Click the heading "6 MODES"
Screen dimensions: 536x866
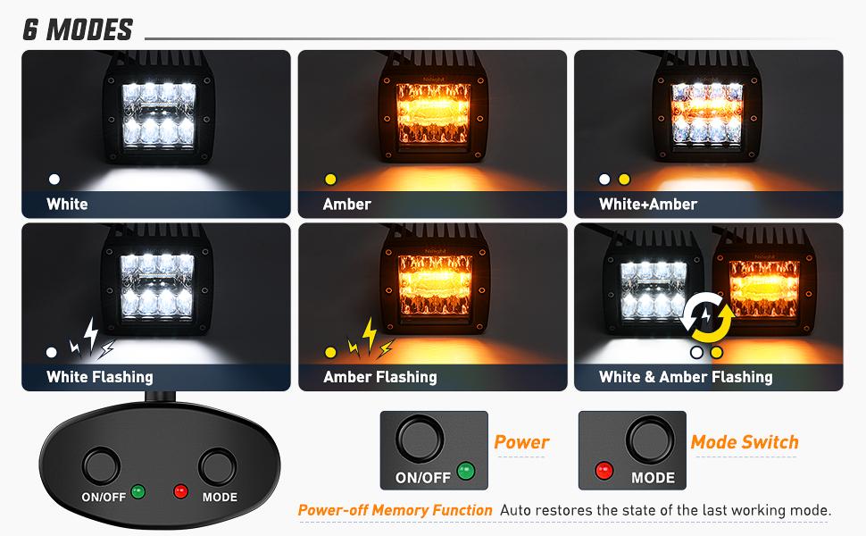(x=78, y=29)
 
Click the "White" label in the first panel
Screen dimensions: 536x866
(x=67, y=204)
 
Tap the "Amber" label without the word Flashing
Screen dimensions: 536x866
(x=346, y=204)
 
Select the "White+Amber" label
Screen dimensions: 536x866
(x=648, y=204)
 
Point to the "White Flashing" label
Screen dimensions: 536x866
(x=100, y=377)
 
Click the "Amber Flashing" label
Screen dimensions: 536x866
(x=380, y=377)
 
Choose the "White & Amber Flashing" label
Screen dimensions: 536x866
(x=686, y=377)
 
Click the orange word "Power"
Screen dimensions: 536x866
(x=521, y=441)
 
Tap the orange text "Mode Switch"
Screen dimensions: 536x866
(x=745, y=441)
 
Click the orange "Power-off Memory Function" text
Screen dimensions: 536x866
(x=395, y=510)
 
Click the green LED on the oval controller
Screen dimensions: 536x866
(x=138, y=490)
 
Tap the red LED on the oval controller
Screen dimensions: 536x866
(x=180, y=490)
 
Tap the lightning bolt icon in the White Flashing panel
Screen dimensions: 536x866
(x=92, y=338)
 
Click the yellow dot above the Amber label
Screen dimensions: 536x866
(x=330, y=179)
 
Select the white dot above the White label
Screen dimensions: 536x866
(x=54, y=179)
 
